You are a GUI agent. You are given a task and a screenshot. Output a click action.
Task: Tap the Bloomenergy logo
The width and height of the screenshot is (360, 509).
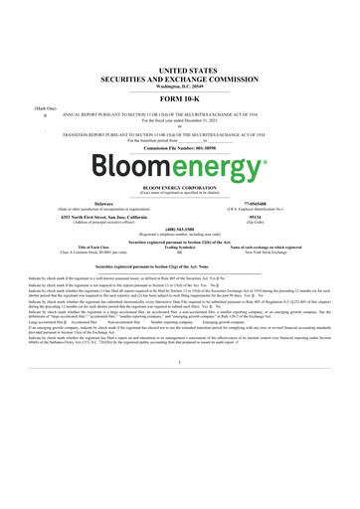pyautogui.click(x=180, y=161)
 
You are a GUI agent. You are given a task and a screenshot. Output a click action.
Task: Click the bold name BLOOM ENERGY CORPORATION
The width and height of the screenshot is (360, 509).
pyautogui.click(x=180, y=186)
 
